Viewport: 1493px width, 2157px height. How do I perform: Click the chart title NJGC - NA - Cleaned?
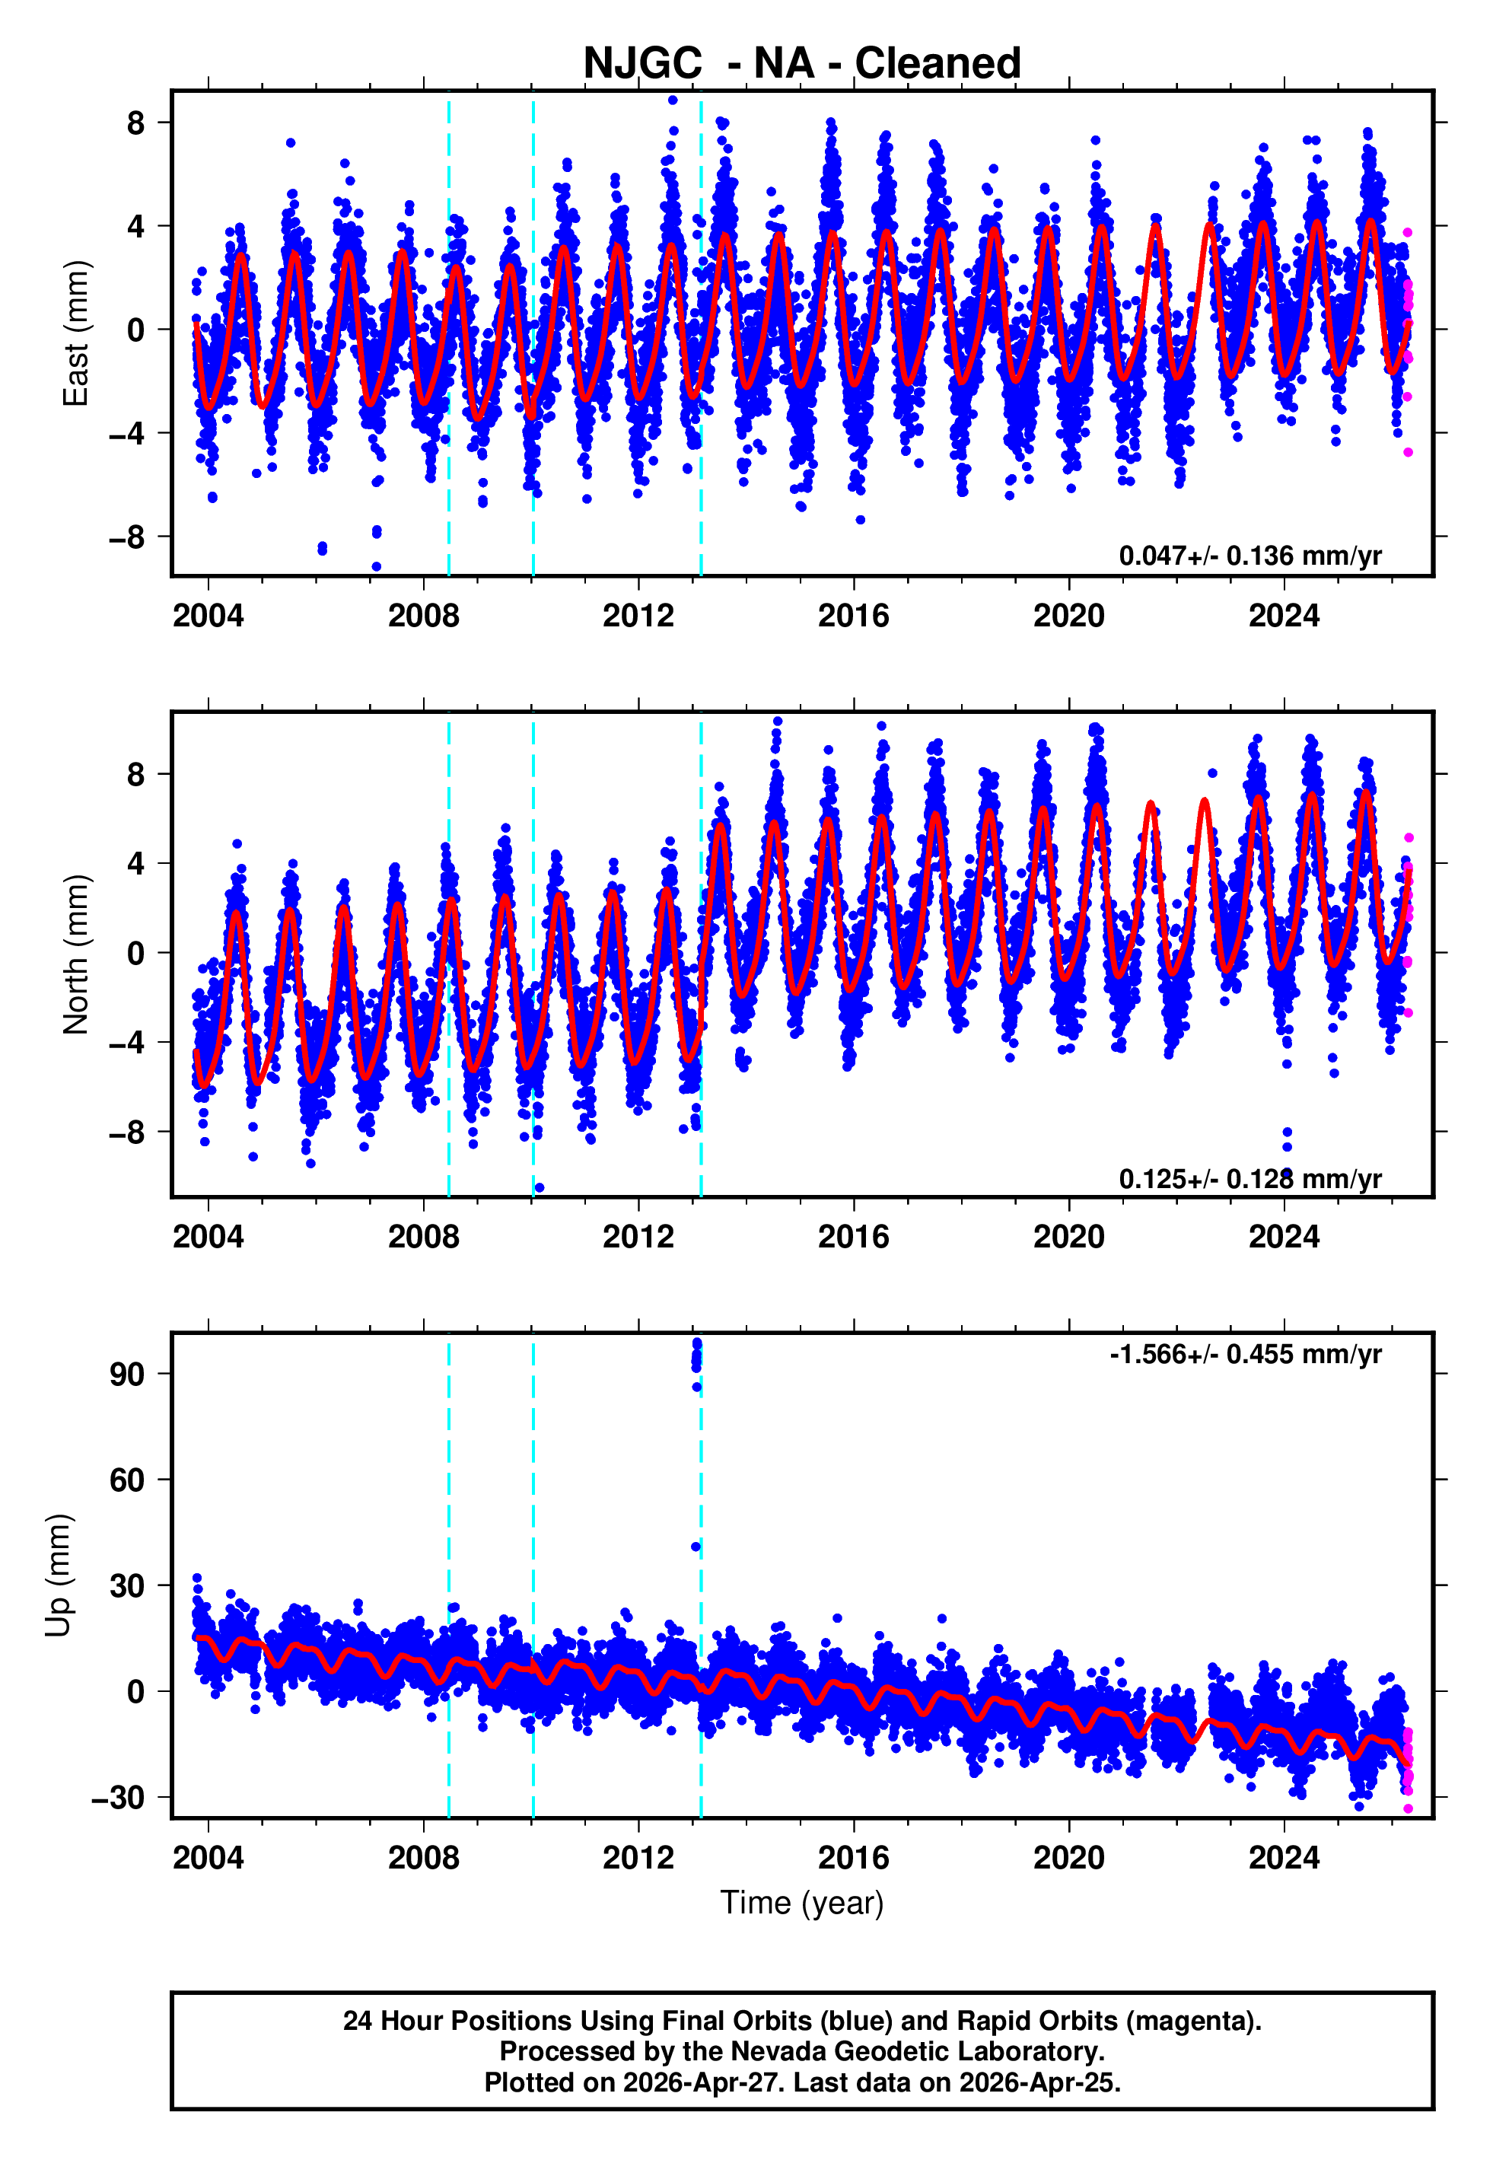[x=802, y=64]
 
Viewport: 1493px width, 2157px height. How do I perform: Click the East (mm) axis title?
[x=75, y=333]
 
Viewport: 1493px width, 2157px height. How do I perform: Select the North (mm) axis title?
[x=75, y=954]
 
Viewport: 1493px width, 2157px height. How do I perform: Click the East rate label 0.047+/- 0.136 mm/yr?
[x=1249, y=556]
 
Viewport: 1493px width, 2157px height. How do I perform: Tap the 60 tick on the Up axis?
[x=127, y=1480]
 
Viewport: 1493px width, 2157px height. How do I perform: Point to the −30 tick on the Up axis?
[x=118, y=1797]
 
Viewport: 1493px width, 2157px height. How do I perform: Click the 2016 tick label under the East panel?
[x=853, y=616]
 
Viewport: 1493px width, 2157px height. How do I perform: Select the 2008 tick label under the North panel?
[x=423, y=1237]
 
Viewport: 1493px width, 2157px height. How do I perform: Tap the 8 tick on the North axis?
[x=136, y=775]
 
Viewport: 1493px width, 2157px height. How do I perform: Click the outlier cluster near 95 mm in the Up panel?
[x=697, y=1356]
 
